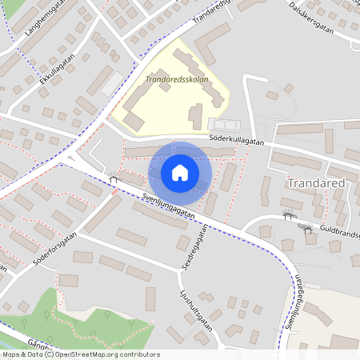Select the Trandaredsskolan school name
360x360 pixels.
(x=177, y=80)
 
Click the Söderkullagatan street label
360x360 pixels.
(x=237, y=139)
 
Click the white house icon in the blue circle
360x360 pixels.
(x=179, y=172)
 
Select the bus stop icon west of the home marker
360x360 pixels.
(x=113, y=179)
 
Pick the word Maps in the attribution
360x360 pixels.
(x=11, y=354)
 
